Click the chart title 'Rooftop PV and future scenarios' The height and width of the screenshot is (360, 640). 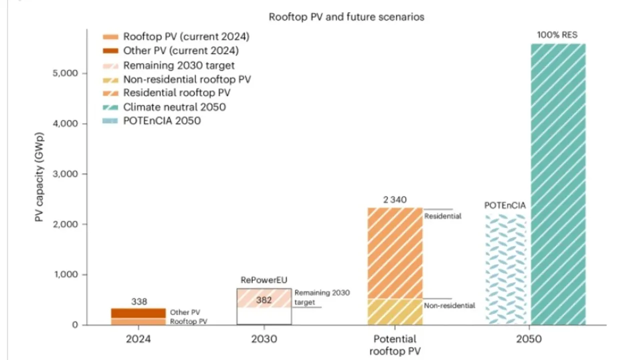click(346, 17)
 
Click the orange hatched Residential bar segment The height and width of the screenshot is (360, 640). click(395, 253)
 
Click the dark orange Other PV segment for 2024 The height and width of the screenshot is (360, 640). click(138, 313)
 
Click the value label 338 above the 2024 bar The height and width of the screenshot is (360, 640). click(139, 301)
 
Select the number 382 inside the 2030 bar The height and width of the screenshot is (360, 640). click(263, 300)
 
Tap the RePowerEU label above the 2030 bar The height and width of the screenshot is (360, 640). click(263, 280)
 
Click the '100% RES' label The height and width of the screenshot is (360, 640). click(557, 35)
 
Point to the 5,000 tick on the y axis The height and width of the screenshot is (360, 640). click(65, 73)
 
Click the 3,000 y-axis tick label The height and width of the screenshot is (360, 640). click(65, 174)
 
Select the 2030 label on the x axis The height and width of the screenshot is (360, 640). click(263, 339)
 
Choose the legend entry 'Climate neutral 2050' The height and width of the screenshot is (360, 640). click(174, 107)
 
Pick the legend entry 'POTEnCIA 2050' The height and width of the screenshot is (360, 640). click(161, 120)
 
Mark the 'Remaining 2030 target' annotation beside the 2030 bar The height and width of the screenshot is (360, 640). click(321, 297)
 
